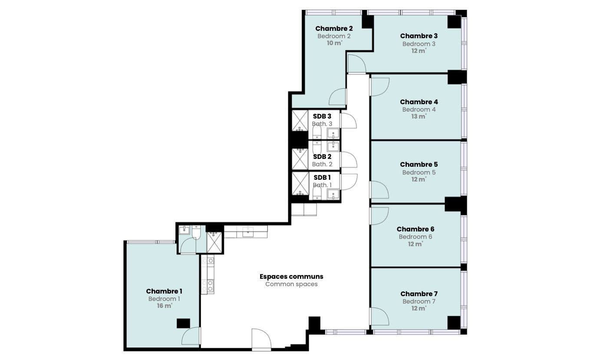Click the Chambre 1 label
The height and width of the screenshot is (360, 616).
point(164,291)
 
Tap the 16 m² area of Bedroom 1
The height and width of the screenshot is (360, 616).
point(165,306)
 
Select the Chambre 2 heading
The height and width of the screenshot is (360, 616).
point(334,28)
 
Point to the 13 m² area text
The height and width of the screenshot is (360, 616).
point(418,116)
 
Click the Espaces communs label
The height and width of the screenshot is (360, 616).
point(291,276)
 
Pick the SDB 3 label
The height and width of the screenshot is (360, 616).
point(322,116)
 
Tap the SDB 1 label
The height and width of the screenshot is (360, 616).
point(322,177)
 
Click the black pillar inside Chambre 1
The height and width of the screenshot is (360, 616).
point(183,323)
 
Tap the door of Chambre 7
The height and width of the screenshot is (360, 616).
point(379,317)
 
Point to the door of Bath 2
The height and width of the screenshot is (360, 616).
point(349,159)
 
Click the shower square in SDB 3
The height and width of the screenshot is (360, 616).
point(300,121)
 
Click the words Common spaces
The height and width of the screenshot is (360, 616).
point(291,284)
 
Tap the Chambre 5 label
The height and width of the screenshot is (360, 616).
point(418,165)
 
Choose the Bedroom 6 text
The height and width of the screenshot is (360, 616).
point(415,237)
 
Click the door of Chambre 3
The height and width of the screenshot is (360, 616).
point(357,64)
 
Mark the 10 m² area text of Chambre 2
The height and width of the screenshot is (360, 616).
point(334,43)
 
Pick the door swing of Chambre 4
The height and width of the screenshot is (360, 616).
point(379,87)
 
